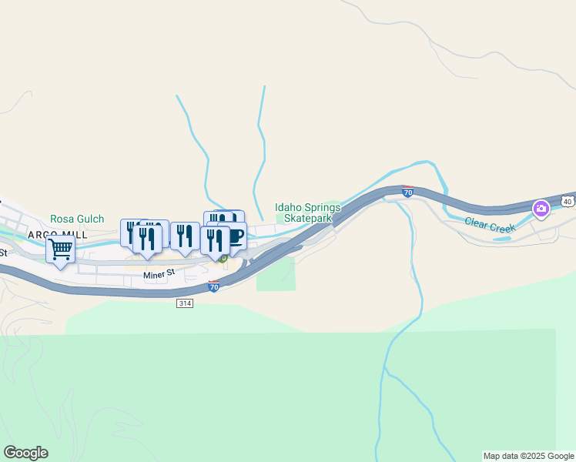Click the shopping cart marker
tap(60, 249)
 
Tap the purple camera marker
tap(541, 208)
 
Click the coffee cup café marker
tap(233, 236)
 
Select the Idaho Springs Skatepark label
tap(307, 213)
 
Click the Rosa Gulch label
tap(77, 219)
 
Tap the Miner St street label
tap(160, 273)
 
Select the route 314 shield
tap(183, 303)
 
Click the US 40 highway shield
tap(567, 201)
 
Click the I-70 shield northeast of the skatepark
tap(408, 192)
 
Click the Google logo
tap(25, 453)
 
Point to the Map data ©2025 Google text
tap(528, 457)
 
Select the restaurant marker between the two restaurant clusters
tap(185, 236)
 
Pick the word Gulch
tap(90, 219)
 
